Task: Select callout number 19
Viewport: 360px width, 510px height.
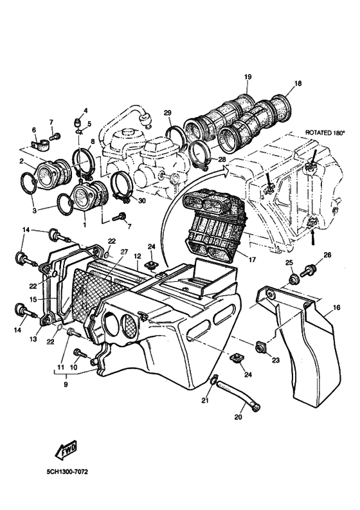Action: click(247, 78)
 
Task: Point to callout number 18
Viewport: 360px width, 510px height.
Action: click(298, 84)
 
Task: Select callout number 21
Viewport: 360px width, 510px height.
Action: click(205, 401)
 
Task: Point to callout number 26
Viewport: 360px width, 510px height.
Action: click(327, 256)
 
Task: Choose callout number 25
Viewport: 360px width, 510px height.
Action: click(289, 262)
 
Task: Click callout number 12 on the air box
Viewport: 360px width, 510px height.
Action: click(137, 257)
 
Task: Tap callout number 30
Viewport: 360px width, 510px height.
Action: click(142, 201)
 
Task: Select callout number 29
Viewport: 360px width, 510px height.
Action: click(167, 114)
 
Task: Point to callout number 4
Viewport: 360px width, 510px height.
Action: click(85, 111)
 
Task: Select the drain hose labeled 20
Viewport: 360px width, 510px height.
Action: click(239, 396)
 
